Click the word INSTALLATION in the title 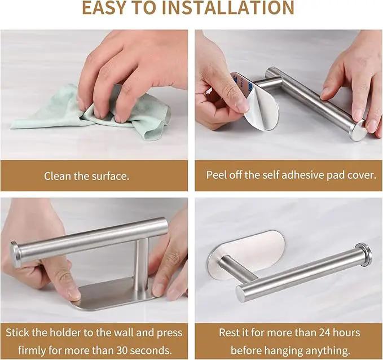(228, 7)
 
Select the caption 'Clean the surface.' (86, 176)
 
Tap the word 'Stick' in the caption (17, 332)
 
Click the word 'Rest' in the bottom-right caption (229, 332)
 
